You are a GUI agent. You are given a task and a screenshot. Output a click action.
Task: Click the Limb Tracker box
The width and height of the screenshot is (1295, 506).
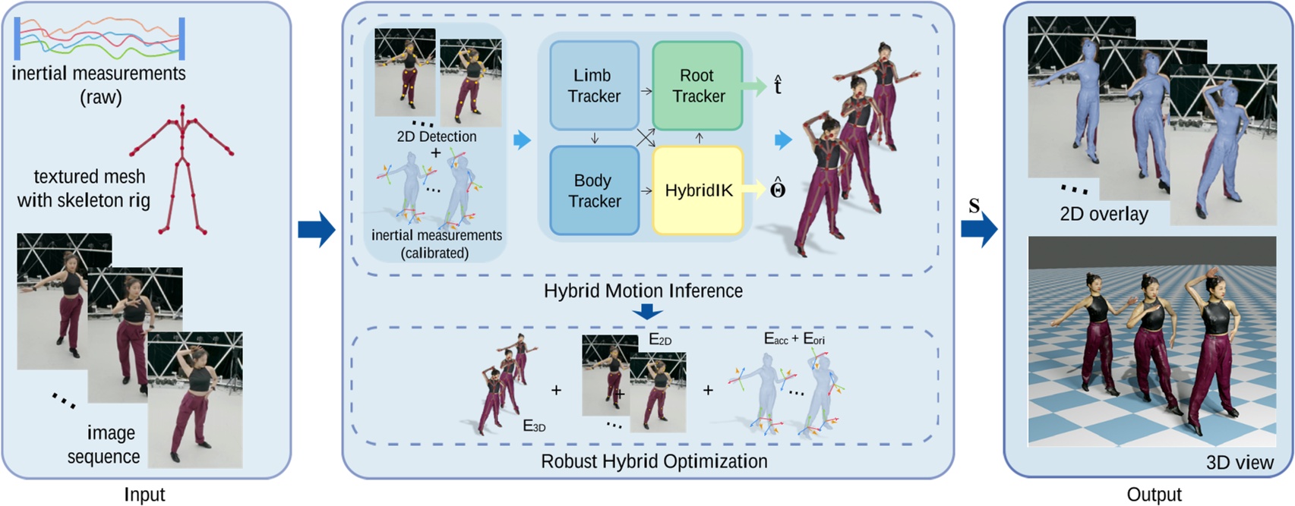[594, 86]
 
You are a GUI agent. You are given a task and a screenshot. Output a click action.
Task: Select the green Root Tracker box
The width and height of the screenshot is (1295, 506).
[697, 86]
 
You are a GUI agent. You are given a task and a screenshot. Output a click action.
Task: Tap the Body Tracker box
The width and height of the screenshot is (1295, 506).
[594, 190]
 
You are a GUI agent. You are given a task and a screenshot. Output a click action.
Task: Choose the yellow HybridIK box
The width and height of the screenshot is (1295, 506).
[697, 190]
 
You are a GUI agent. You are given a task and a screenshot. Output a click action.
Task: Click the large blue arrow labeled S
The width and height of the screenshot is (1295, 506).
[979, 228]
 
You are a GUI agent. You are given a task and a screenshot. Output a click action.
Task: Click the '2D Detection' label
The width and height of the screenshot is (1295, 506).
[437, 137]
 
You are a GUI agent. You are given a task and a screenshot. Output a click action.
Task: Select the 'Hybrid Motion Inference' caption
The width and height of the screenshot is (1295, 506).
[643, 291]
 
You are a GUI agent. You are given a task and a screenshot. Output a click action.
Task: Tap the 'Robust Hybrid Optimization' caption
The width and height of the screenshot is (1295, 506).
[654, 461]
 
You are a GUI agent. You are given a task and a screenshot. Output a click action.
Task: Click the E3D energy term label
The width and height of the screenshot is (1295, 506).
[534, 426]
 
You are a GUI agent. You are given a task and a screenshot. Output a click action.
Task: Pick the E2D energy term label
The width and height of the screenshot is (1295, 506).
[660, 339]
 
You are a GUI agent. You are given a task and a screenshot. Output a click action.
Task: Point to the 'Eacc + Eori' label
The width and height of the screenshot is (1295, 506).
[794, 339]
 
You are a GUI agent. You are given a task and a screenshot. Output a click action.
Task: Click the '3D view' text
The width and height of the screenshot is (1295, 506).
[1240, 462]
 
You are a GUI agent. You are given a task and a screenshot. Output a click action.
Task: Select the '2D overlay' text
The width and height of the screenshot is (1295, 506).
[1104, 214]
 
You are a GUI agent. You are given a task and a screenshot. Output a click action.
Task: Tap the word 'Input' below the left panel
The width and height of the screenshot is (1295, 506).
[144, 495]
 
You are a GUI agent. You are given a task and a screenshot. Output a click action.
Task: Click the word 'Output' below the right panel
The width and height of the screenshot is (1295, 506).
[1154, 495]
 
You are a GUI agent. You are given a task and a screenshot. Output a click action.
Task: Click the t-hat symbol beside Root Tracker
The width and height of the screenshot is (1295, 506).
[777, 85]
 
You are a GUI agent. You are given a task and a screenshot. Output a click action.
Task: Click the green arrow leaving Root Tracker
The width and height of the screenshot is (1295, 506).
[754, 86]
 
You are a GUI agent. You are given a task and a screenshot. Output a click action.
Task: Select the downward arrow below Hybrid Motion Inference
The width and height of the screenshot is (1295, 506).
[647, 311]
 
